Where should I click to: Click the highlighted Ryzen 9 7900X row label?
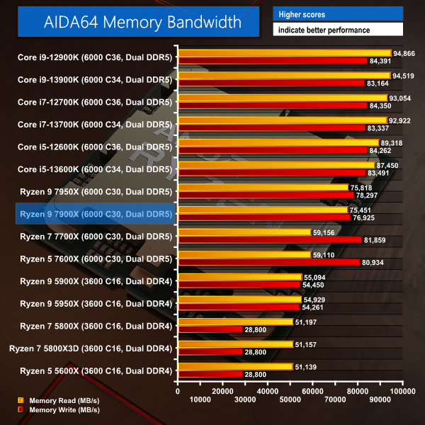point(96,213)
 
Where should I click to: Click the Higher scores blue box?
point(338,13)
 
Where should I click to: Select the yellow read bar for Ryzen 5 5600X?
point(236,366)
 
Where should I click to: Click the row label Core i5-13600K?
point(95,168)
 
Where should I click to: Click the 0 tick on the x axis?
point(178,390)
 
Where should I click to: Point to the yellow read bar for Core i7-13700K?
point(283,121)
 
